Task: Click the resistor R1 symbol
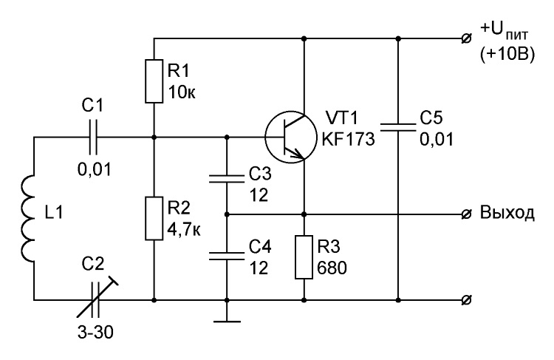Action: pyautogui.click(x=154, y=81)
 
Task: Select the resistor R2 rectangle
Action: pyautogui.click(x=154, y=218)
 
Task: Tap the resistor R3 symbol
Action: pyautogui.click(x=304, y=257)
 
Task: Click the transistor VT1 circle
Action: pyautogui.click(x=290, y=137)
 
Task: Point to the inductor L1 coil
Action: pyautogui.click(x=28, y=218)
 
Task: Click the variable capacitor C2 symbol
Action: pyautogui.click(x=95, y=300)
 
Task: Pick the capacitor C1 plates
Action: pyautogui.click(x=93, y=137)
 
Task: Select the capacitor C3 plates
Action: pyautogui.click(x=227, y=178)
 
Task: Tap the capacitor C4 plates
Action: pyautogui.click(x=227, y=257)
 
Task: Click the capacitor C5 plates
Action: pyautogui.click(x=398, y=128)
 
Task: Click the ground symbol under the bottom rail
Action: pyautogui.click(x=227, y=322)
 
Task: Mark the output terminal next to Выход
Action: pyautogui.click(x=466, y=214)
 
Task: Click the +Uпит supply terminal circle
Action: pyautogui.click(x=466, y=38)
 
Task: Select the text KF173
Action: pyautogui.click(x=348, y=139)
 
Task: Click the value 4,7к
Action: pyautogui.click(x=184, y=229)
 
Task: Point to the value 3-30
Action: pyautogui.click(x=95, y=333)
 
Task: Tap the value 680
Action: pyautogui.click(x=332, y=268)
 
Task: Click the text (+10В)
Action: pyautogui.click(x=507, y=55)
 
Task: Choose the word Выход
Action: pyautogui.click(x=507, y=213)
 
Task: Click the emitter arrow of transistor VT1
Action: pyautogui.click(x=296, y=153)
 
